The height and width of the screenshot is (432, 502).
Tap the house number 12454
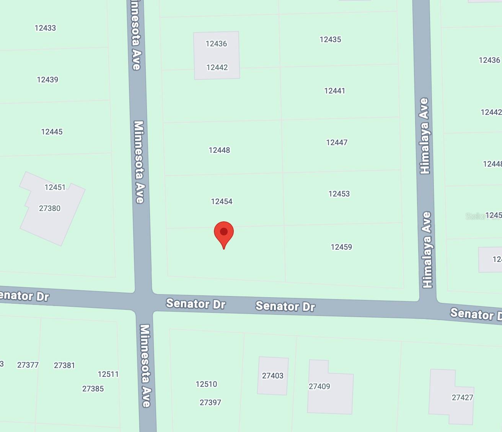pyautogui.click(x=222, y=201)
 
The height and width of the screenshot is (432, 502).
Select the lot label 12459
pyautogui.click(x=341, y=247)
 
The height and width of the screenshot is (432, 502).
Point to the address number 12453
pyautogui.click(x=339, y=194)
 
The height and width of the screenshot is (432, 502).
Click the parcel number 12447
pyautogui.click(x=337, y=142)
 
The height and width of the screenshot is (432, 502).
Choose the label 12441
pyautogui.click(x=334, y=91)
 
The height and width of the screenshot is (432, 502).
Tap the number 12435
pyautogui.click(x=330, y=39)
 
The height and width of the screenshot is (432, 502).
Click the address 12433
pyautogui.click(x=45, y=28)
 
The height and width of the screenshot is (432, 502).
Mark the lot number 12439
pyautogui.click(x=47, y=80)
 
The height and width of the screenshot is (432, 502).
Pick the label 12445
pyautogui.click(x=52, y=132)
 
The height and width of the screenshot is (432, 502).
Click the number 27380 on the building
pyautogui.click(x=50, y=208)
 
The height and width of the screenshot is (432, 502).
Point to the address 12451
pyautogui.click(x=55, y=187)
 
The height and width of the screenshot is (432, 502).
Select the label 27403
pyautogui.click(x=273, y=376)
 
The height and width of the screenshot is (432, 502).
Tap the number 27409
pyautogui.click(x=319, y=386)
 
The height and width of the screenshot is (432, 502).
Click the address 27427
pyautogui.click(x=463, y=398)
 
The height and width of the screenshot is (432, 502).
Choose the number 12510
pyautogui.click(x=206, y=384)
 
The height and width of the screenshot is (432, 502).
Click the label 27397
pyautogui.click(x=210, y=403)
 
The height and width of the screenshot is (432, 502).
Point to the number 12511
pyautogui.click(x=108, y=374)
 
